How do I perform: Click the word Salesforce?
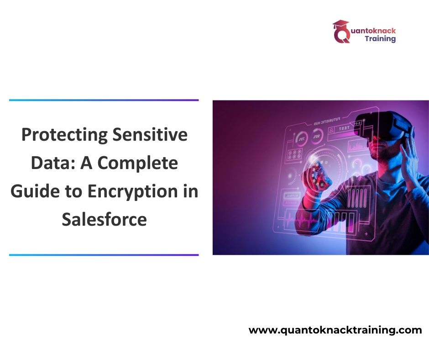(104, 219)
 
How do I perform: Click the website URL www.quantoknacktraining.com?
(335, 330)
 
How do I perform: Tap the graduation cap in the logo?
(340, 25)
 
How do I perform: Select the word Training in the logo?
(380, 39)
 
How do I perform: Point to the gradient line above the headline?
(104, 100)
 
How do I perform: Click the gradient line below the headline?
(104, 255)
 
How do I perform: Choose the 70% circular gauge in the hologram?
(302, 137)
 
